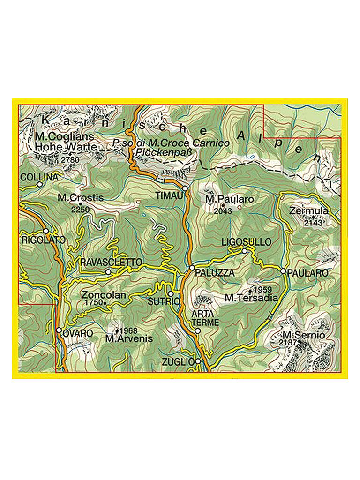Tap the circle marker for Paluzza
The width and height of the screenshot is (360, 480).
coord(192,268)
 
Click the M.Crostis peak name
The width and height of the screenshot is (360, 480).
coord(80,198)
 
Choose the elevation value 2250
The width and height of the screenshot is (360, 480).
coord(80,210)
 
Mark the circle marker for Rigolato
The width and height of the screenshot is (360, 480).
coord(46,231)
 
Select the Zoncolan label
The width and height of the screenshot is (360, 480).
coord(104,295)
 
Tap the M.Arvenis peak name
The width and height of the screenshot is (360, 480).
coord(129,338)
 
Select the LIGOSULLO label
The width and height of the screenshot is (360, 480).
coord(247,242)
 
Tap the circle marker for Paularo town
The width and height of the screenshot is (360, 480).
coord(283,271)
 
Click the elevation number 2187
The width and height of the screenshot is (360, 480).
coord(288,343)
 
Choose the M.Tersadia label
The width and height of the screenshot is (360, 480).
coord(251,297)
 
